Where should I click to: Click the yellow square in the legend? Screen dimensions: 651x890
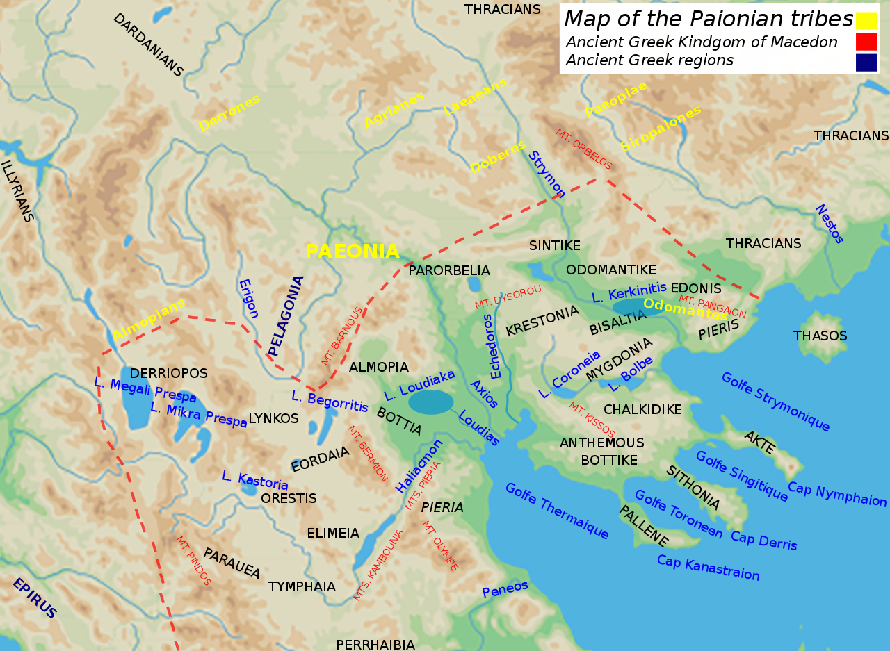tap(866, 20)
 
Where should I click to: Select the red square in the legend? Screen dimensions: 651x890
tap(866, 42)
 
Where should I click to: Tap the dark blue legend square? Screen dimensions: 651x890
tap(866, 63)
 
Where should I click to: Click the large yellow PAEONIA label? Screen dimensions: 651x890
tap(353, 252)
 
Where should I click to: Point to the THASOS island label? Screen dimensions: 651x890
tap(820, 336)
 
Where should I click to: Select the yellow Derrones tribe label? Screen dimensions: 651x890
tap(229, 113)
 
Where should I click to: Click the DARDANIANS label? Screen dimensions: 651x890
tap(148, 45)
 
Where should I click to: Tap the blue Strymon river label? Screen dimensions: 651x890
tap(547, 174)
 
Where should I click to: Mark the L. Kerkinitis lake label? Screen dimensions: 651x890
tap(629, 292)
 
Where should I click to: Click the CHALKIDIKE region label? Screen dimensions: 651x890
tap(642, 409)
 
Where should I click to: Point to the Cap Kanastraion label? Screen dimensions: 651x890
tap(708, 568)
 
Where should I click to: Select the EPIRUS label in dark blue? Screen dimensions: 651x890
tap(35, 598)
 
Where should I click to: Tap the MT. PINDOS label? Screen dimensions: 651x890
tap(193, 561)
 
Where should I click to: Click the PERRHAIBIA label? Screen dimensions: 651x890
tap(375, 644)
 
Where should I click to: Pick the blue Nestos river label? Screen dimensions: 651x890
tap(829, 224)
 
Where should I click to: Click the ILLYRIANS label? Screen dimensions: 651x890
tap(17, 192)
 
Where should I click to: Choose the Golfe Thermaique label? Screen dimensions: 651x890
tap(557, 511)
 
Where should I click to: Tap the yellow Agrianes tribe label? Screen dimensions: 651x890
tap(394, 110)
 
